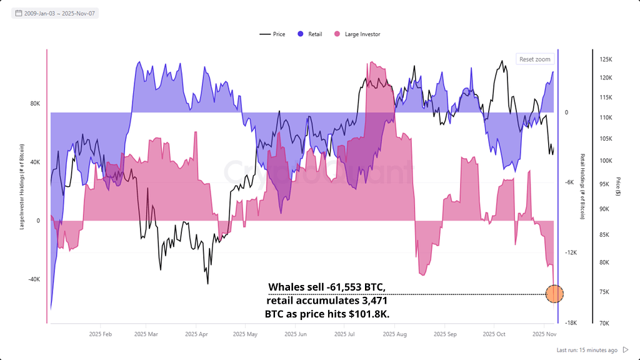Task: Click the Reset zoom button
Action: point(535,59)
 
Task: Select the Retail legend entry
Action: point(310,34)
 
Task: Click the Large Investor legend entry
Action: point(357,34)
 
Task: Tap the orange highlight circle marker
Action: point(554,294)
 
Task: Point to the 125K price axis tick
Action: point(605,59)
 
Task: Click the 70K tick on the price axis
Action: point(605,323)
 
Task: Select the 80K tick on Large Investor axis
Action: point(35,104)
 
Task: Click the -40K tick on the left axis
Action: point(34,279)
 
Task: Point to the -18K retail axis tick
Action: point(571,323)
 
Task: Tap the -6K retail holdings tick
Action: point(570,182)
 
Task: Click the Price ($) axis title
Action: point(618,186)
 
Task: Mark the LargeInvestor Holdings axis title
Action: point(22,186)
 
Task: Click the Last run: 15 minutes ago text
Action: point(587,350)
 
